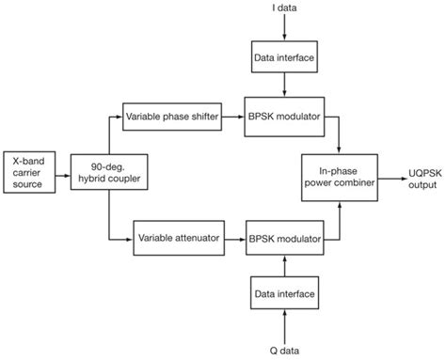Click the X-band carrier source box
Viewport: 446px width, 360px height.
33,175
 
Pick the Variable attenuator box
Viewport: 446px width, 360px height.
179,238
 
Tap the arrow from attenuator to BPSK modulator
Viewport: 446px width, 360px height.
234,238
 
